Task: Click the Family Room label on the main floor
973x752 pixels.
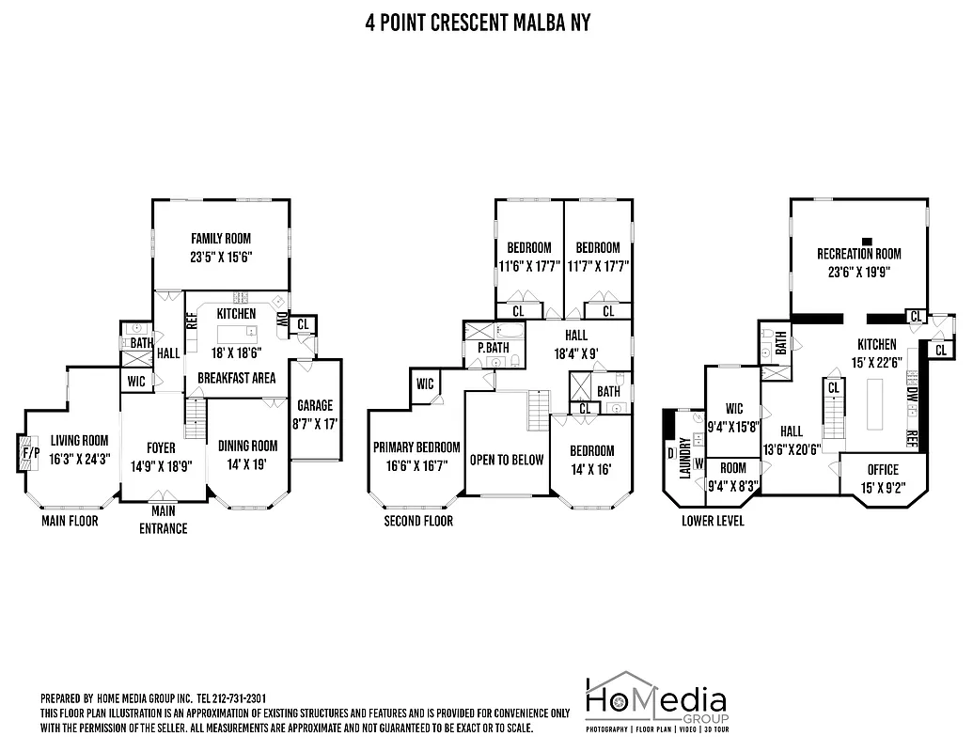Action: [221, 239]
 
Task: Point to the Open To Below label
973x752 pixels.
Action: [507, 460]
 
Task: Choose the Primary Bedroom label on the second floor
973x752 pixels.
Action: [416, 447]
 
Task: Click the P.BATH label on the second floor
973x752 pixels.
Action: [493, 347]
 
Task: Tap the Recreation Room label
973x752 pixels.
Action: [858, 254]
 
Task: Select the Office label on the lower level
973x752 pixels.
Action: [883, 470]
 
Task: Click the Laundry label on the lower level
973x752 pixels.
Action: [685, 458]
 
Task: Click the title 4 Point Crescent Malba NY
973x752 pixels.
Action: [478, 22]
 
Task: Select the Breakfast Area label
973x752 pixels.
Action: [236, 378]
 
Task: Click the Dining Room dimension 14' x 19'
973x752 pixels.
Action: [248, 462]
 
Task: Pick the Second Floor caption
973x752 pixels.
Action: [417, 521]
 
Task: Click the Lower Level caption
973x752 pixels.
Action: [713, 521]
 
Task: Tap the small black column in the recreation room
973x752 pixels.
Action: [867, 241]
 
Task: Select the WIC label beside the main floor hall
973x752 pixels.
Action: [135, 382]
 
